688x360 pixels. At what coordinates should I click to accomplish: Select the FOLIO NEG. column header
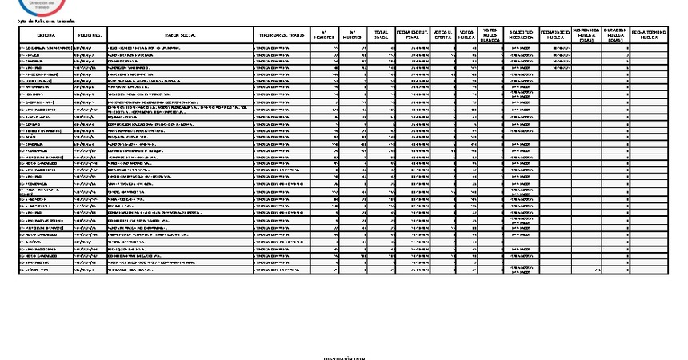coord(89,35)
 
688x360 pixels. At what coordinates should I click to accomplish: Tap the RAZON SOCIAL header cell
coord(180,35)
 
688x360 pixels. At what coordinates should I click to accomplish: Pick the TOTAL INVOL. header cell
coord(382,35)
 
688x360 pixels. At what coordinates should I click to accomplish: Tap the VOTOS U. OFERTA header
coord(442,35)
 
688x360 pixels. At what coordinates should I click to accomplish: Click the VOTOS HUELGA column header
coord(466,35)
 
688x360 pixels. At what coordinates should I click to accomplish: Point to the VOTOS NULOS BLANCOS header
coord(490,35)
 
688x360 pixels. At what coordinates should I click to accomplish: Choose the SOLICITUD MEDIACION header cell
coord(521,35)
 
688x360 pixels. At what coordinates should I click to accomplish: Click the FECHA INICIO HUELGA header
coord(557,35)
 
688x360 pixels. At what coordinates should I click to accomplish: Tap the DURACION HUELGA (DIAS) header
coord(614,35)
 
